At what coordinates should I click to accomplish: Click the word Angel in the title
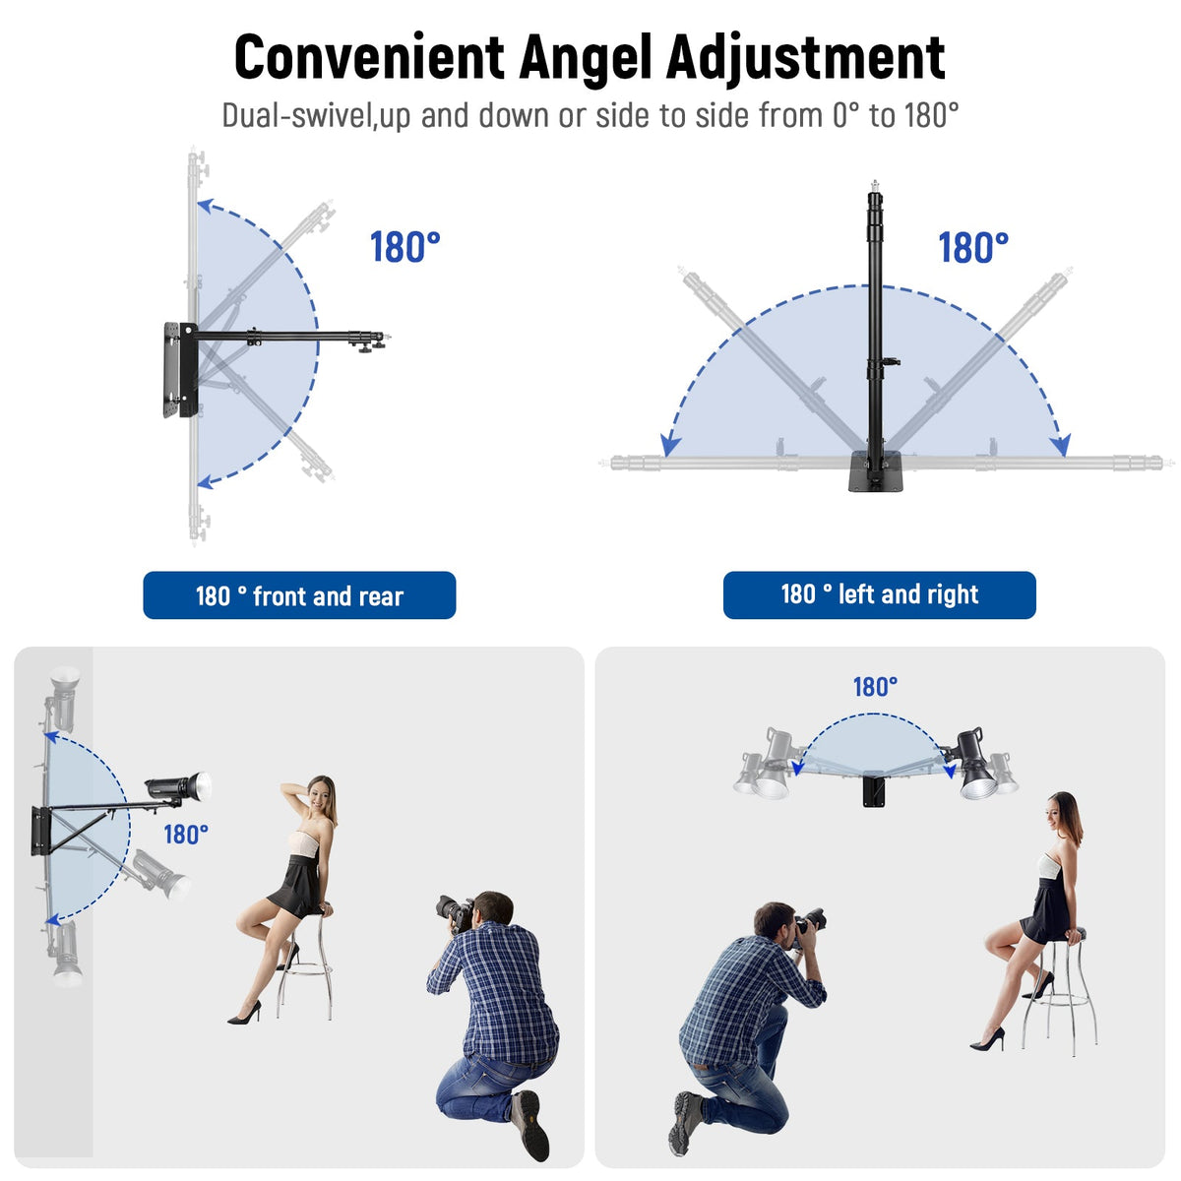point(584,59)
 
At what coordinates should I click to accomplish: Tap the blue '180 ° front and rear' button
point(299,595)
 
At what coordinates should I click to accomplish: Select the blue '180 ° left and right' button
point(879,594)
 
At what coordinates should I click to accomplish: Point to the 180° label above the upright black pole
point(972,248)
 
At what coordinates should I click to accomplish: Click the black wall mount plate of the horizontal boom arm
point(180,370)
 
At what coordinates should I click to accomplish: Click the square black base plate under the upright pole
point(875,470)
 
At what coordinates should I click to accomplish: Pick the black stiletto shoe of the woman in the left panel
point(245,1014)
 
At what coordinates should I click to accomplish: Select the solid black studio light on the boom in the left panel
point(178,786)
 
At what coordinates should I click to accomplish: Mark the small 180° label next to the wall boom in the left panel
point(186,835)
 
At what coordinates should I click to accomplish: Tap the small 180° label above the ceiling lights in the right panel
point(875,687)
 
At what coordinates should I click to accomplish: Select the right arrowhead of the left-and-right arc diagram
point(1060,445)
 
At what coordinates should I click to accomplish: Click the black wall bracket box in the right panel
point(875,790)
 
